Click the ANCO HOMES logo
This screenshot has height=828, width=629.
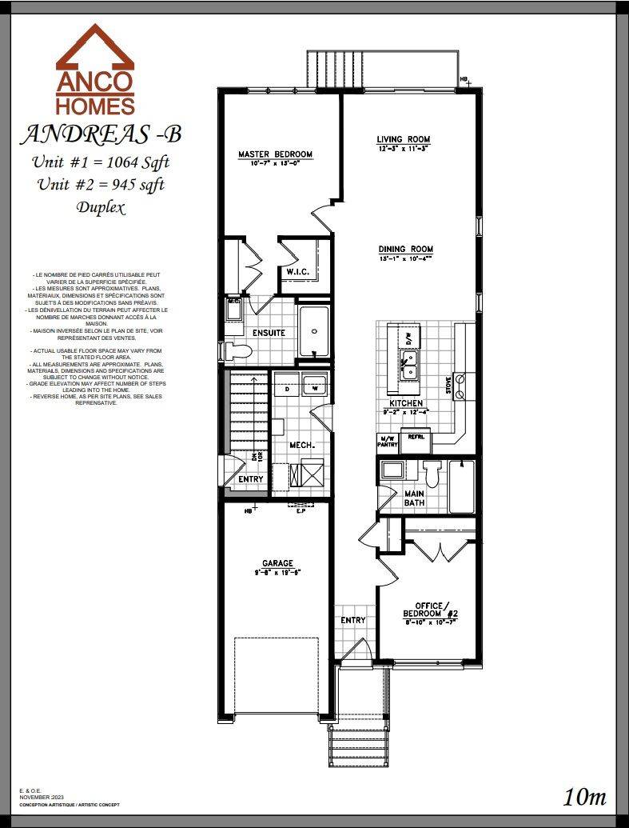[x=95, y=70]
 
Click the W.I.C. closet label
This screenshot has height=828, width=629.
[x=298, y=272]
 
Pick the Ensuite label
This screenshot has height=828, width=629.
[x=269, y=333]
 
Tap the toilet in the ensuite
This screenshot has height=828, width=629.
[x=237, y=350]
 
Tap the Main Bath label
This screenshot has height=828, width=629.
[x=414, y=498]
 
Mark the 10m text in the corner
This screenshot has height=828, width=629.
[x=585, y=797]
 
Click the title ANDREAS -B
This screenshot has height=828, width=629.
[x=101, y=134]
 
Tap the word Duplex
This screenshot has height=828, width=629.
[x=101, y=207]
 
